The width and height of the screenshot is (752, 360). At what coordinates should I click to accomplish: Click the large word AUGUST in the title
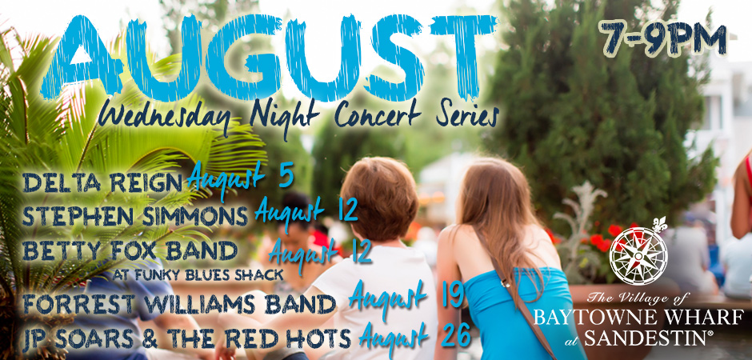pos(269,58)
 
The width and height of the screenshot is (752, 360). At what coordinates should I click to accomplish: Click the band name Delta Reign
pos(102,182)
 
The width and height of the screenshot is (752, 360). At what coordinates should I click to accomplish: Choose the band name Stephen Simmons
pos(134,216)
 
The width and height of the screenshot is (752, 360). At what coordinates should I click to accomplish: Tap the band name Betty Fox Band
pos(130,250)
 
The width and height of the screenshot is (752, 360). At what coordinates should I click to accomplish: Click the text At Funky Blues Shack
pos(198,275)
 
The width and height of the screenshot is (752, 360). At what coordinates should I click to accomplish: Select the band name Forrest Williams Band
pos(179,304)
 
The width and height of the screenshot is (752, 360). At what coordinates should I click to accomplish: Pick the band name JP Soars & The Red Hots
pos(186,338)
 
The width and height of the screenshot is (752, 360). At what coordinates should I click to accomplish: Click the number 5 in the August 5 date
pos(286,177)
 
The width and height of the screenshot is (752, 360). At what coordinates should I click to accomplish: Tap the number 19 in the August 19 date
pos(452,296)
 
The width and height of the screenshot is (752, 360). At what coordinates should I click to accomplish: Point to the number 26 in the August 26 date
pos(456,337)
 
